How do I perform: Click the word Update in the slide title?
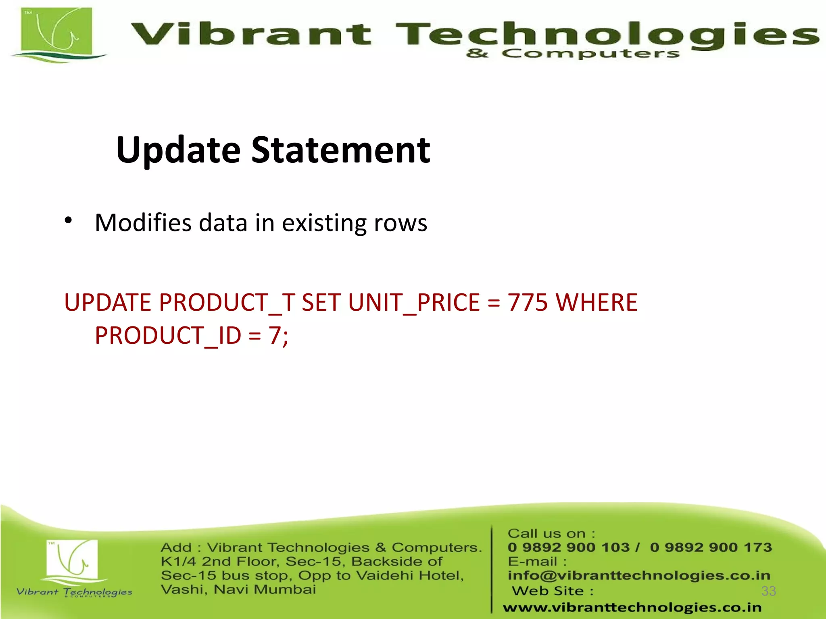click(178, 150)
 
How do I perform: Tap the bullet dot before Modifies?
click(68, 220)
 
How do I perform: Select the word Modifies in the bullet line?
click(143, 222)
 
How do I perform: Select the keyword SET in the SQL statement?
click(321, 302)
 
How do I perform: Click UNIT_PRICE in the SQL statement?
click(414, 302)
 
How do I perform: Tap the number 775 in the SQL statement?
click(528, 302)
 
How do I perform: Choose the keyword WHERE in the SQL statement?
click(597, 302)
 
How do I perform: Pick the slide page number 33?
click(768, 591)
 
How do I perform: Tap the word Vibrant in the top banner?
click(250, 34)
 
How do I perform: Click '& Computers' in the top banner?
click(572, 54)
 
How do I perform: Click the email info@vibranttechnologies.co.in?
click(639, 575)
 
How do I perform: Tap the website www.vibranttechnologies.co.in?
click(632, 607)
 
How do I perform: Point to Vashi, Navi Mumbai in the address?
click(238, 589)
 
